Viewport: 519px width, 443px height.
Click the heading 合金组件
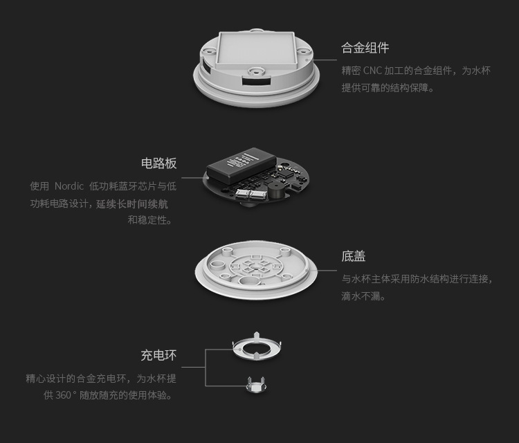coord(365,48)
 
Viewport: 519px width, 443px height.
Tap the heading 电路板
coord(159,163)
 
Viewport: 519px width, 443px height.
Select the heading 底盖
coord(353,256)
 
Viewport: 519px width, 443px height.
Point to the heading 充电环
coord(159,355)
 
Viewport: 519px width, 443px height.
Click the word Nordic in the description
coord(69,186)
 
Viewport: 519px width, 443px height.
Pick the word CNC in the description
coord(372,71)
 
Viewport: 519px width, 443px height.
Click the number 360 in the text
coord(63,395)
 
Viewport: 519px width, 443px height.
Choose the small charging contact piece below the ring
coord(256,385)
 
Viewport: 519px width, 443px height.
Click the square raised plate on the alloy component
coord(255,48)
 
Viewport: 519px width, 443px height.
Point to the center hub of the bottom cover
coord(255,266)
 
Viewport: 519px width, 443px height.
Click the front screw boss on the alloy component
coord(256,71)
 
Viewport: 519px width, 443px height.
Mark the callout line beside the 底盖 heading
coord(327,271)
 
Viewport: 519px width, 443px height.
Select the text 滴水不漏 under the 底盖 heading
coord(361,296)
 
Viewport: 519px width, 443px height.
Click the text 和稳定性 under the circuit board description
coord(147,219)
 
